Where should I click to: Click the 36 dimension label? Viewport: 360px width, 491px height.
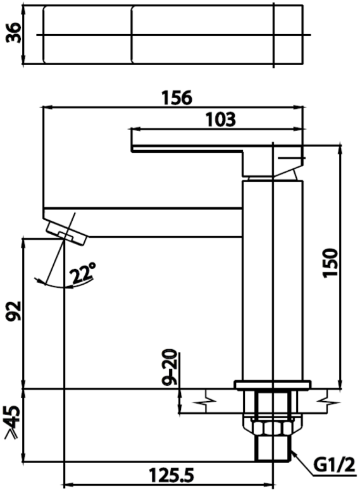click(x=14, y=33)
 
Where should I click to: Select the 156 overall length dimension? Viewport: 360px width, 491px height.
click(x=177, y=97)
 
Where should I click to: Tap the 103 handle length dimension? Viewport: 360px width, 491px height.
click(x=220, y=120)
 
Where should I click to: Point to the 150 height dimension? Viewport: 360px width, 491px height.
click(x=330, y=263)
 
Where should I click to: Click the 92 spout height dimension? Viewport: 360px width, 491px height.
click(x=15, y=311)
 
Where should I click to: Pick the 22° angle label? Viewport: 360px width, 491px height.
click(x=82, y=273)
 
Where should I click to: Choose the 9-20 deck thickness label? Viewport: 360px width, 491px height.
click(x=170, y=367)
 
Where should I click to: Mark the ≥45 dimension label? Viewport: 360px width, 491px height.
click(x=13, y=422)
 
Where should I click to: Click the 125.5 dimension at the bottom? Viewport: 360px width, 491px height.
click(x=171, y=475)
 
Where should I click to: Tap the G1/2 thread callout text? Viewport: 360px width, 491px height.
click(x=334, y=464)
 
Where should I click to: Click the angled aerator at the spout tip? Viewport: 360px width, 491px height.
click(x=66, y=233)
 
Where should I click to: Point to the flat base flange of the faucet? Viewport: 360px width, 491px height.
click(x=273, y=385)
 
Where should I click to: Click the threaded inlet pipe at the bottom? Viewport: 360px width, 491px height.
click(x=273, y=448)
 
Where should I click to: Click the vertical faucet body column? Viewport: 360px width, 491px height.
click(x=273, y=280)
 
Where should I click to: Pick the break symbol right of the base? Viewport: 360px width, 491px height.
click(x=327, y=401)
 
